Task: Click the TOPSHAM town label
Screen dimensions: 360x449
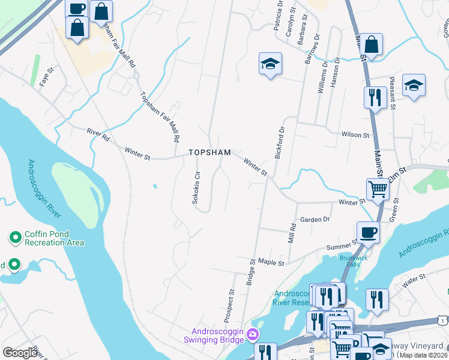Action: click(x=209, y=152)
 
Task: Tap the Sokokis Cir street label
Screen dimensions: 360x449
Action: click(x=195, y=187)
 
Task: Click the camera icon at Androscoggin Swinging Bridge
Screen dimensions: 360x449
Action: click(x=253, y=334)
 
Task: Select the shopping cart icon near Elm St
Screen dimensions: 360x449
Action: click(x=378, y=189)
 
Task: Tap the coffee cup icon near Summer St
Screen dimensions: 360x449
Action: click(x=367, y=232)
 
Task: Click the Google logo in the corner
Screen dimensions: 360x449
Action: click(x=20, y=353)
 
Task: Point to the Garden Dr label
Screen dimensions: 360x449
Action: click(x=315, y=220)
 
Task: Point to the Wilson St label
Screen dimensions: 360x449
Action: click(x=353, y=135)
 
